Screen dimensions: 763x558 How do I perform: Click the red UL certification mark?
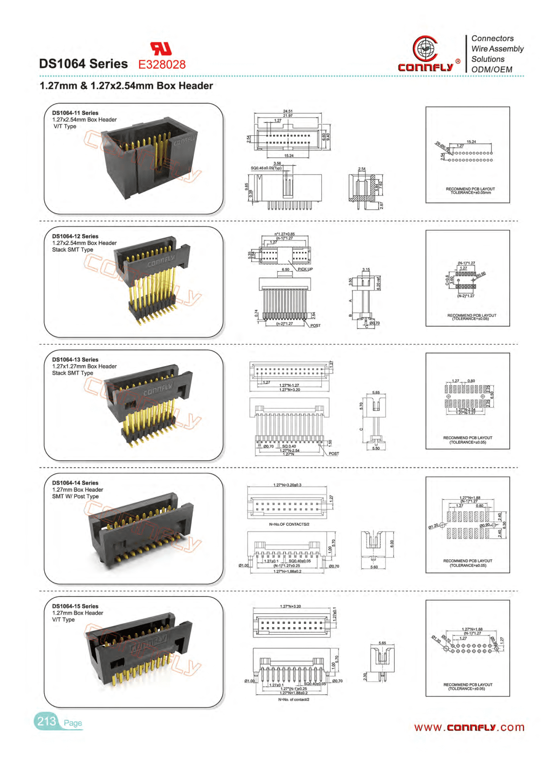point(161,49)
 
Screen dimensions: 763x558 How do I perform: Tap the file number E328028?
point(162,65)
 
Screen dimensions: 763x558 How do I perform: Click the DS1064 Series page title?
point(83,64)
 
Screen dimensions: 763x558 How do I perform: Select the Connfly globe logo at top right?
point(425,48)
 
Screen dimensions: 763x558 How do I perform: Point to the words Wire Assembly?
point(497,49)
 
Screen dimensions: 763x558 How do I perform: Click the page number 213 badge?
point(46,721)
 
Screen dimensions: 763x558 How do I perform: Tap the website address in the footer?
point(469,727)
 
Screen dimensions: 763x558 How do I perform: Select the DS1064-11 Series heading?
point(75,113)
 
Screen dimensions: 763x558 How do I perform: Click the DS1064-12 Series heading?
point(75,236)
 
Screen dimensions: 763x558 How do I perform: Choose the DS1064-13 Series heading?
point(75,360)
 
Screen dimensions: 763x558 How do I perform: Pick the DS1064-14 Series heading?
point(75,483)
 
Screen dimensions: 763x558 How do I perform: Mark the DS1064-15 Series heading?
point(75,606)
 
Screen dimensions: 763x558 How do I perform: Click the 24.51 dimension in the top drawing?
point(288,112)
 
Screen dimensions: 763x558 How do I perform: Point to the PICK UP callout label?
point(305,269)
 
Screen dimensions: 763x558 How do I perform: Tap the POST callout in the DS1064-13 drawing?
point(334,454)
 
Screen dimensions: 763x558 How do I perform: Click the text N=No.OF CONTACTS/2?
point(289,524)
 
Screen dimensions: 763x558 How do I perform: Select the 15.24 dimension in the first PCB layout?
point(471,142)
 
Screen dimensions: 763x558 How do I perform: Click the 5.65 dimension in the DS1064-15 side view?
point(382,643)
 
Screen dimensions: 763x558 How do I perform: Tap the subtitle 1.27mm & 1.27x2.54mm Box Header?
point(126,86)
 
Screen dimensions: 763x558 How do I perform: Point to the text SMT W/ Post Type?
point(75,496)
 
